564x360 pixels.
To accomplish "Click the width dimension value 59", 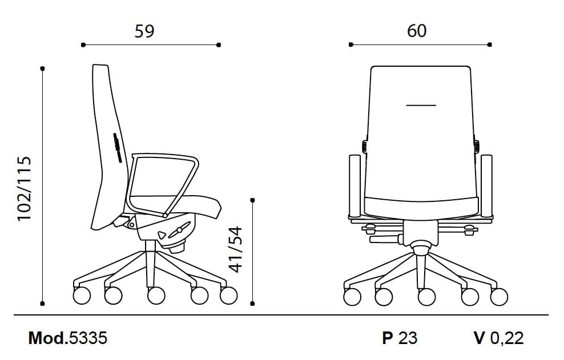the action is (144, 31).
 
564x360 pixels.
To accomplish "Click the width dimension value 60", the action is (417, 31).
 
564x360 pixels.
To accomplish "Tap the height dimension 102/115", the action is (25, 189).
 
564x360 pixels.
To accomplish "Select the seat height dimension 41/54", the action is (236, 249).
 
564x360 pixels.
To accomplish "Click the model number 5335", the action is (88, 338).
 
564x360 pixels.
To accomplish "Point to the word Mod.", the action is (48, 338).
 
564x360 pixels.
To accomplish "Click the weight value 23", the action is (408, 338).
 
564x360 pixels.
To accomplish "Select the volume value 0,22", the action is (507, 338).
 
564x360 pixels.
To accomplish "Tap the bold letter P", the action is (388, 338).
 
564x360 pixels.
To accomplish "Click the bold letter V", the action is (480, 338).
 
